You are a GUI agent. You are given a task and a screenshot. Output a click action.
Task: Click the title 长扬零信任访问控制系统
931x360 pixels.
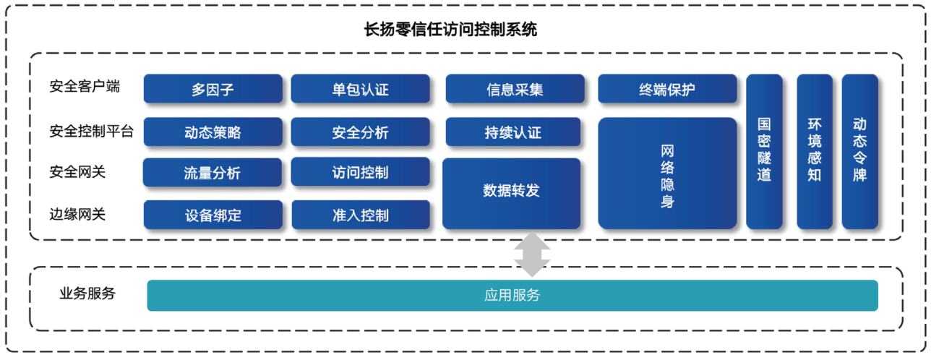(x=450, y=30)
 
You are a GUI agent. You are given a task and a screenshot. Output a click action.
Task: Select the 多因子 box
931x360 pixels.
(x=213, y=90)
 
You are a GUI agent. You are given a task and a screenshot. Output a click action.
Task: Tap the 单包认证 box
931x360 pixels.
(x=360, y=90)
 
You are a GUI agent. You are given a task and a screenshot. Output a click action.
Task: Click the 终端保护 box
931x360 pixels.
(x=667, y=90)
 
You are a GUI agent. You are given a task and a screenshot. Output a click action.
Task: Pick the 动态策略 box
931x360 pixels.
(x=213, y=132)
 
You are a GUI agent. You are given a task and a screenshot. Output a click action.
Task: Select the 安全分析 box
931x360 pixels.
(x=360, y=132)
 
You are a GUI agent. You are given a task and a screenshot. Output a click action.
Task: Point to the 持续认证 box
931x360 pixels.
(x=512, y=132)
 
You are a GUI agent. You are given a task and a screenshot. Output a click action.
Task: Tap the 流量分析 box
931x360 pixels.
(x=213, y=173)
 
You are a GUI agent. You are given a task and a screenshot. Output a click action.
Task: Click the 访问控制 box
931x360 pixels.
(x=360, y=173)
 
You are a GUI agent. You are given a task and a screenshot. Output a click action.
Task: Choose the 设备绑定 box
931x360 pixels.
(x=213, y=215)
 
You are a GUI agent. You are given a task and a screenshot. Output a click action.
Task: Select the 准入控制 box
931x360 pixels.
(x=360, y=215)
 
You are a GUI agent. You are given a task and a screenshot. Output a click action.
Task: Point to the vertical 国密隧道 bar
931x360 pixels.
(x=764, y=151)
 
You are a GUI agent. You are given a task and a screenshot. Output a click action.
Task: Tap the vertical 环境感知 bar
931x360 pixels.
(x=815, y=151)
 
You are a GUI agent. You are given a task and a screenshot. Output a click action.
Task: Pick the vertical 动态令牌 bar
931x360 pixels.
(x=859, y=151)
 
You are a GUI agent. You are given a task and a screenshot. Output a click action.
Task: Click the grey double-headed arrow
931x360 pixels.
(x=532, y=254)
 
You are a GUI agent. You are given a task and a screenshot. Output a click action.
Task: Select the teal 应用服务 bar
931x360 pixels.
(x=512, y=296)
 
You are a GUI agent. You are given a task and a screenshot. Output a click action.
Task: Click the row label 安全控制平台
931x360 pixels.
(x=91, y=132)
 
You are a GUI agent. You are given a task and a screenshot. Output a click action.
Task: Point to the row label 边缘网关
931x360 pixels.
(x=77, y=215)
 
